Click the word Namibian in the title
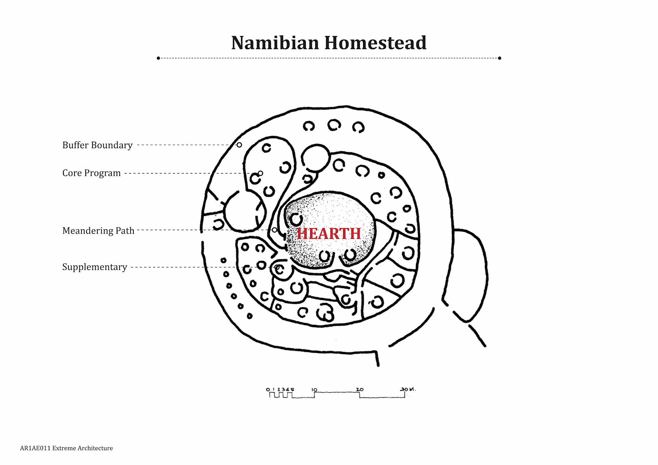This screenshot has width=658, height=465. [275, 43]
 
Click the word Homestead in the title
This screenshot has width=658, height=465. [375, 43]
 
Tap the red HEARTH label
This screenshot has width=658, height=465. [329, 234]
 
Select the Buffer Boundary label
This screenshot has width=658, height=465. [97, 145]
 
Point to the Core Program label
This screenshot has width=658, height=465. [92, 173]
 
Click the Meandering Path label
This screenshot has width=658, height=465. [98, 231]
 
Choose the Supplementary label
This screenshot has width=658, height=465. [95, 267]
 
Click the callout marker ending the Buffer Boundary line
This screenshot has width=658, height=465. [239, 145]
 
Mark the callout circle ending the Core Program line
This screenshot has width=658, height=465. [260, 173]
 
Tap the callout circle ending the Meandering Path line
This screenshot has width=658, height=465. [275, 230]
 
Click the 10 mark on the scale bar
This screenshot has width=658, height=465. [314, 390]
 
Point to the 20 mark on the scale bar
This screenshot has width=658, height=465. [360, 390]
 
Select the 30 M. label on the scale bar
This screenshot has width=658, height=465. [407, 389]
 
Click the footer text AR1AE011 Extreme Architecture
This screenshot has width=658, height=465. [66, 448]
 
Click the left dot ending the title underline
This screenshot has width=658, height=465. [158, 58]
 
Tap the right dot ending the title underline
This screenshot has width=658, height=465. [499, 58]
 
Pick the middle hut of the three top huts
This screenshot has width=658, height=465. [334, 125]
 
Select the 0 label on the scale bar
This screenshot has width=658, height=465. [268, 390]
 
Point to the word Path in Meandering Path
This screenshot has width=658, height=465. [125, 231]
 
